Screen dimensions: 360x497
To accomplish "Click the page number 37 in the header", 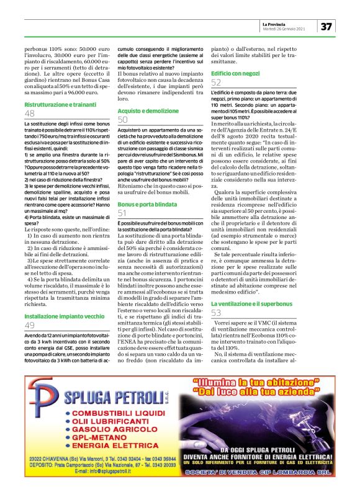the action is tap(326, 27).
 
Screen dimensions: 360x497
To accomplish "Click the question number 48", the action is tap(30, 114).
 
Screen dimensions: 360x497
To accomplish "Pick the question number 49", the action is tap(30, 325).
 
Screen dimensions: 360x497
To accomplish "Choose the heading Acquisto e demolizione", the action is tap(144, 110).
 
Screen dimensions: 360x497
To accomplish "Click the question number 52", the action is tap(216, 83).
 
